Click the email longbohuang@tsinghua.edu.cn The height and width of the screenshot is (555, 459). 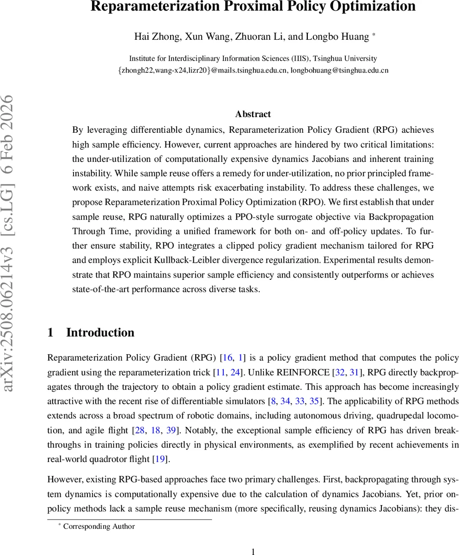tap(339, 70)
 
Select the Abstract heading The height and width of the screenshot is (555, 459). tap(253, 114)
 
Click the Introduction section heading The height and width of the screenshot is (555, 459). tap(100, 333)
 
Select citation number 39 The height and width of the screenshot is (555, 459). tap(171, 431)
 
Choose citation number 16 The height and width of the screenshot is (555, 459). tap(227, 358)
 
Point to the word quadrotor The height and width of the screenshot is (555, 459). tap(104, 459)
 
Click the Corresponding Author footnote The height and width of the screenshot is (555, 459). tap(99, 526)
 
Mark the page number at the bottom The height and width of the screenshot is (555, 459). tap(253, 551)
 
